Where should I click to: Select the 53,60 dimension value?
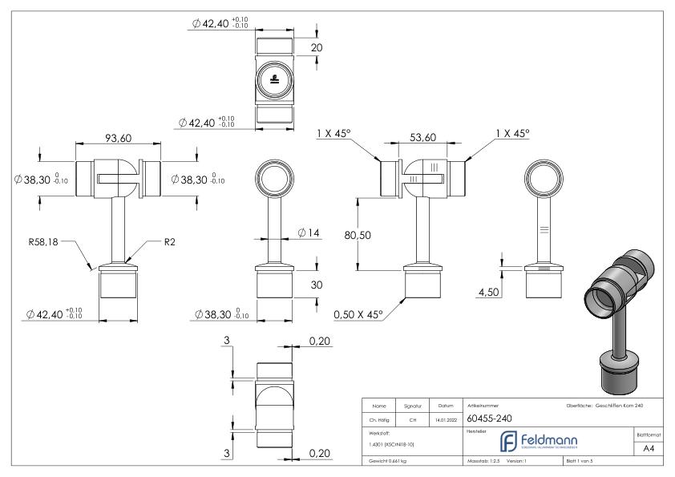(422, 139)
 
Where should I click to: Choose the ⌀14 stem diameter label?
(308, 232)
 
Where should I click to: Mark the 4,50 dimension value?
(488, 293)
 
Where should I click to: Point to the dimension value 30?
(317, 285)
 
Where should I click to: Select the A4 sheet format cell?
(650, 450)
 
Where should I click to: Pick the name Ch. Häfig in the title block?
(380, 418)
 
